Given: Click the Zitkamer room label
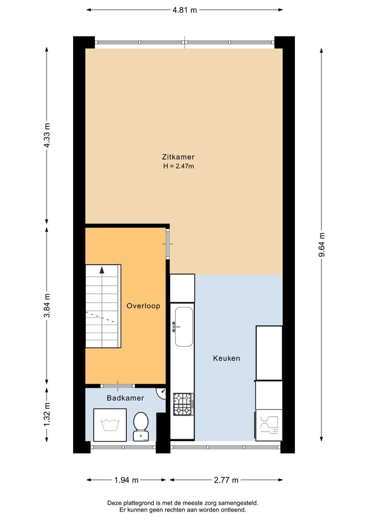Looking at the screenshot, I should (x=178, y=157).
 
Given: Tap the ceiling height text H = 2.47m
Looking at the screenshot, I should (x=178, y=166).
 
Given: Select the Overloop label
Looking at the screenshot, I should (x=143, y=306).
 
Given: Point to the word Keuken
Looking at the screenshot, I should (x=226, y=358).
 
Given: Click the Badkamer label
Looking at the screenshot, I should (x=125, y=398).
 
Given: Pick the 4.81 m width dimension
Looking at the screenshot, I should (x=184, y=10).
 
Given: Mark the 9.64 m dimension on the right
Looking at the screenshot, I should (x=321, y=246).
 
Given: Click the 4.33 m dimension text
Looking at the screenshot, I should (x=47, y=135).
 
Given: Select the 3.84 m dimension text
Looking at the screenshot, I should (x=47, y=306).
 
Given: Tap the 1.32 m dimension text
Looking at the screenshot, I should (x=47, y=415).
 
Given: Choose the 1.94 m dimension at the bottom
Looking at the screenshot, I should (x=126, y=480).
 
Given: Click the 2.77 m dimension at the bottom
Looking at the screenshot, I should (x=226, y=480).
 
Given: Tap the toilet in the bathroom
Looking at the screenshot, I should (x=141, y=426).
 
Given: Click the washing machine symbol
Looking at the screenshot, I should (x=110, y=425).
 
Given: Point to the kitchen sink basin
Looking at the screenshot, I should (x=183, y=326).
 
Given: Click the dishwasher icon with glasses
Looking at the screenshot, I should (x=269, y=425).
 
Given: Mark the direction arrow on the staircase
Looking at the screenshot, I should (x=102, y=270).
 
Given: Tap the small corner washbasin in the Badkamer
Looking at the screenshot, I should (x=162, y=393).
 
